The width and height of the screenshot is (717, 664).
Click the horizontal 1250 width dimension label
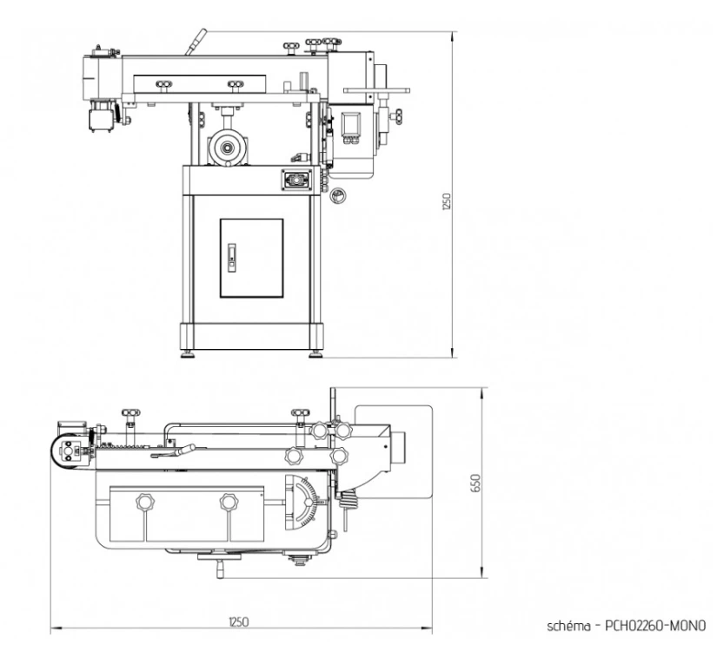pos(239,621)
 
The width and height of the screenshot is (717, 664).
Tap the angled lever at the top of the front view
pos(197,43)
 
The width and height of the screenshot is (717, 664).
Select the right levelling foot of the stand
pos(315,352)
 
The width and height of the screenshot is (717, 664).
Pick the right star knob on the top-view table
pos(229,502)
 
